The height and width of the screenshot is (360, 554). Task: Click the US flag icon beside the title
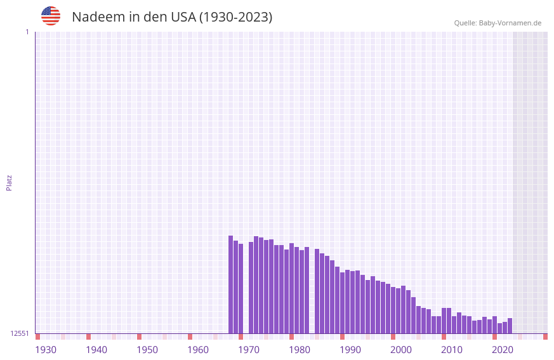(51, 16)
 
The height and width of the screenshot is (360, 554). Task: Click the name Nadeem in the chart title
(98, 17)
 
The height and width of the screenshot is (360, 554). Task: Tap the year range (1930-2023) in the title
(235, 17)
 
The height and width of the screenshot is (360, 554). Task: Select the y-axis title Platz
(9, 182)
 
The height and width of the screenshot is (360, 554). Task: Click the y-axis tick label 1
(27, 32)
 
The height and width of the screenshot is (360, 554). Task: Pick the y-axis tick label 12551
(20, 333)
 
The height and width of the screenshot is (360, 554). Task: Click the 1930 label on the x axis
(46, 350)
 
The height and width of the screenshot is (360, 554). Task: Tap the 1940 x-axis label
(96, 350)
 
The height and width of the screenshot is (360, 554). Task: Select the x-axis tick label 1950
(147, 350)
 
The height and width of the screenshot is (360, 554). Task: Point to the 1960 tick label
(198, 350)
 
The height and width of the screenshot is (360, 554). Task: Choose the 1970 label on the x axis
(249, 350)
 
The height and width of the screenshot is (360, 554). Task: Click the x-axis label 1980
(300, 350)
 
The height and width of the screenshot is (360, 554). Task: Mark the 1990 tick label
(350, 350)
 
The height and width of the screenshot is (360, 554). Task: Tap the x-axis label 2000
(401, 350)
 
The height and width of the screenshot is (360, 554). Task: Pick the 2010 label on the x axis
(452, 350)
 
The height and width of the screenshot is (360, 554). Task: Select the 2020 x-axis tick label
(503, 350)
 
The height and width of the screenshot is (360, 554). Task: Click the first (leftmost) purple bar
(230, 284)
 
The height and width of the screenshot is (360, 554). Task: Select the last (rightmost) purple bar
(510, 326)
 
